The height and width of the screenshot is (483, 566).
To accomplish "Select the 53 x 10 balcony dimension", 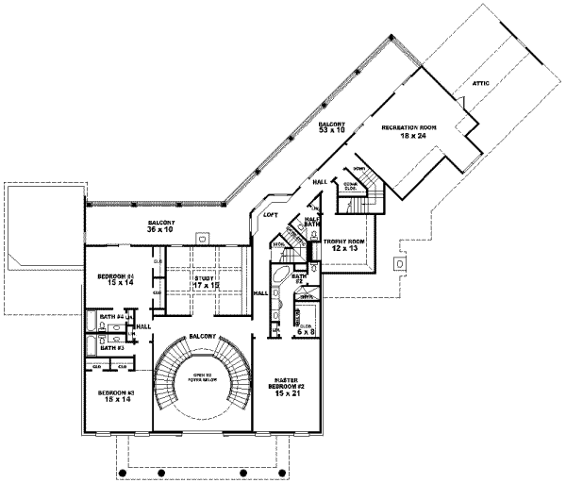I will tap(326, 131).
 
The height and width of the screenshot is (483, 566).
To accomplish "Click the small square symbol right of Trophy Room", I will tap(400, 266).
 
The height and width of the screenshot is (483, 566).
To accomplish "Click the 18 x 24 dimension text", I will tap(408, 136).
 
